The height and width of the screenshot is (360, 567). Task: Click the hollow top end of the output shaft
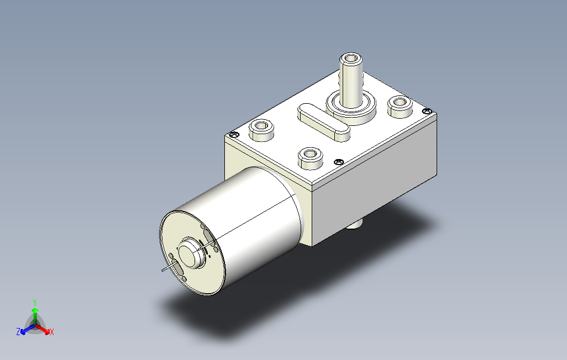(351, 58)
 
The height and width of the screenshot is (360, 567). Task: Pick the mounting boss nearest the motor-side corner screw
(261, 130)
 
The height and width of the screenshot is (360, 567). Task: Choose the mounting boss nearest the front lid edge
(310, 158)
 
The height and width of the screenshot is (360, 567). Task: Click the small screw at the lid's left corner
(234, 135)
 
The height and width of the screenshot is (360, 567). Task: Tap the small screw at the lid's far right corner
(427, 111)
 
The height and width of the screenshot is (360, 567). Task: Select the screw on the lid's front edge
(338, 162)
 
